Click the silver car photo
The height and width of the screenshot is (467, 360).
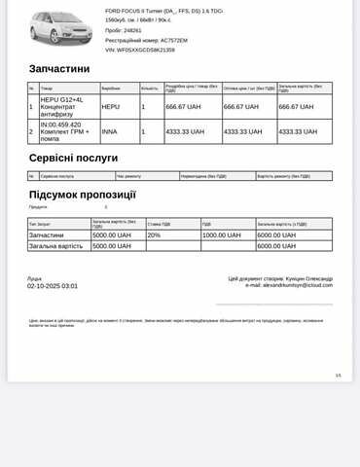tap(61, 28)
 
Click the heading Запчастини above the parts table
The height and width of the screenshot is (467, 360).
tap(59, 69)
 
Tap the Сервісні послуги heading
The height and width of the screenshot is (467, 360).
tap(73, 158)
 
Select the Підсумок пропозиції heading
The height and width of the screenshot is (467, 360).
tap(83, 195)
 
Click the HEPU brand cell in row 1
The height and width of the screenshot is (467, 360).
tap(111, 106)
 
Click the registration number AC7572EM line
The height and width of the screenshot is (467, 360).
tap(146, 40)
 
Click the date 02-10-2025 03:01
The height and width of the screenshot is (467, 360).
tap(53, 286)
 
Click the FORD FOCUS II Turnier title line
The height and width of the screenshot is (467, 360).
tap(163, 11)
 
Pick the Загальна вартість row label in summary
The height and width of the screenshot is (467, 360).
tap(56, 246)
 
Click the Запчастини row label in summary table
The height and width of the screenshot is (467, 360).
tap(47, 235)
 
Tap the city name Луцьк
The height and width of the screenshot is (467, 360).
tap(35, 278)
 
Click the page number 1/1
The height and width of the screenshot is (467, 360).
tap(338, 375)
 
